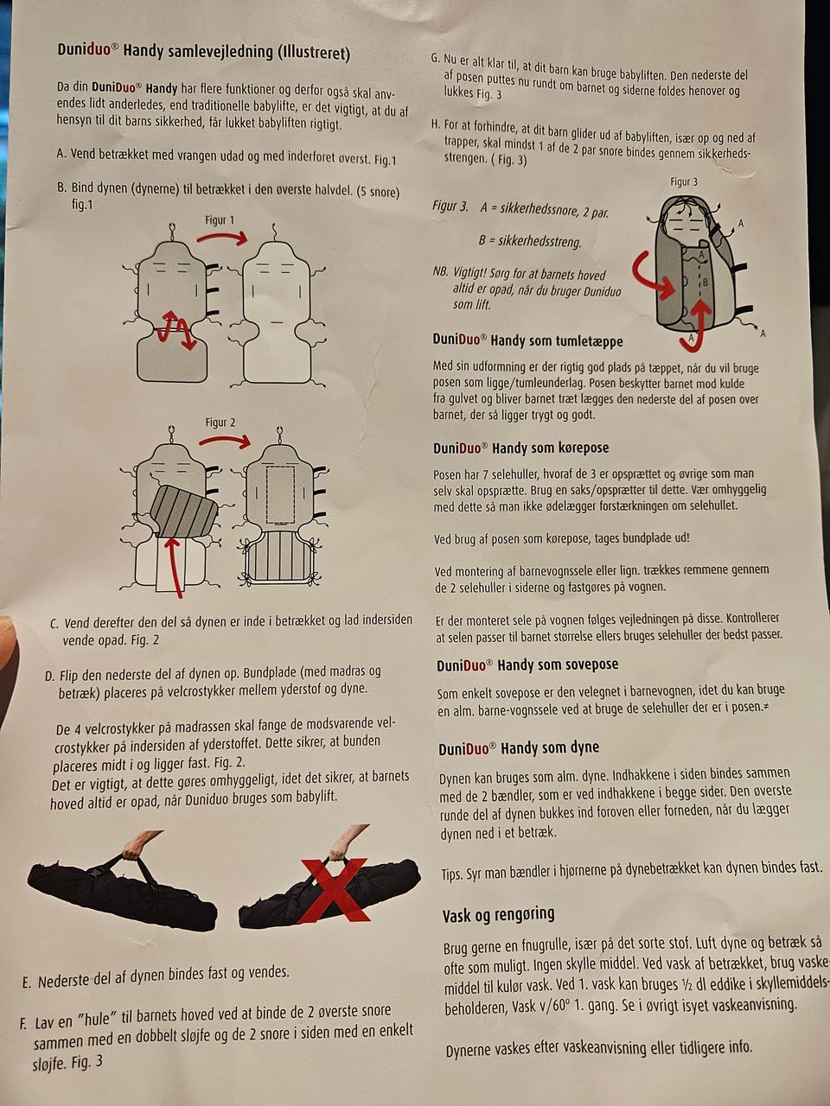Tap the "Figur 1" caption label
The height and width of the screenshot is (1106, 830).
(220, 220)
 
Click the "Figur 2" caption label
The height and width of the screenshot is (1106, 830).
(220, 423)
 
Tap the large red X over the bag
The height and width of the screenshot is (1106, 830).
(335, 890)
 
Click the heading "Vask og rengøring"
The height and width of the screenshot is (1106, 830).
(498, 914)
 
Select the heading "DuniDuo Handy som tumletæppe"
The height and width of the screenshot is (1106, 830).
(527, 340)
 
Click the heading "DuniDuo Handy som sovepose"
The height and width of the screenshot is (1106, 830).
(527, 664)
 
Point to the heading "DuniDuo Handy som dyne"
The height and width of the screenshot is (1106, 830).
(519, 747)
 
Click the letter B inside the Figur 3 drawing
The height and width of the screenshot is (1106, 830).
(705, 283)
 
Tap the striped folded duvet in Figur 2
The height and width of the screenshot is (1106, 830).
(184, 512)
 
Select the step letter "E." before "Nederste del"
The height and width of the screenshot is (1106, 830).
(27, 983)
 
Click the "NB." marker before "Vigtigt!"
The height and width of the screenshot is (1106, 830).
(440, 271)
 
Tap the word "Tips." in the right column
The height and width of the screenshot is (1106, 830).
(452, 874)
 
